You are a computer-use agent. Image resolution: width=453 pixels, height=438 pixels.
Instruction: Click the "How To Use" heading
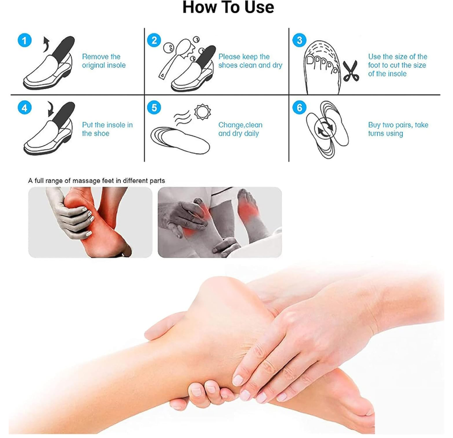pyautogui.click(x=228, y=7)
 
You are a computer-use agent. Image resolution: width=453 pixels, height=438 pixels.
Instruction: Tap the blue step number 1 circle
pyautogui.click(x=24, y=40)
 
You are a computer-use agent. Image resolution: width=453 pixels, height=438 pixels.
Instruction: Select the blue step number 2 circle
pyautogui.click(x=154, y=40)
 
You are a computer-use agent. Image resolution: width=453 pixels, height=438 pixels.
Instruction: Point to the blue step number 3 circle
pyautogui.click(x=300, y=40)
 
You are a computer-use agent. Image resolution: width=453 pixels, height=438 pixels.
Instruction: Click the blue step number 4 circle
pyautogui.click(x=24, y=108)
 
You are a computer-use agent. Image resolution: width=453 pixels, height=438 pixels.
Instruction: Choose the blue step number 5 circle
pyautogui.click(x=154, y=108)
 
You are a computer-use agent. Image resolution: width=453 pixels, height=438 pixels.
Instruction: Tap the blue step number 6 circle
pyautogui.click(x=300, y=108)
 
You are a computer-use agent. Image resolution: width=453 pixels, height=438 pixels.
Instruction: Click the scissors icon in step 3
pyautogui.click(x=351, y=71)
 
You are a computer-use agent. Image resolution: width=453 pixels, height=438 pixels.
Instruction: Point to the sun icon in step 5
pyautogui.click(x=202, y=112)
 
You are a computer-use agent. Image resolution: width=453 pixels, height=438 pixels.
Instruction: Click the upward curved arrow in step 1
pyautogui.click(x=47, y=44)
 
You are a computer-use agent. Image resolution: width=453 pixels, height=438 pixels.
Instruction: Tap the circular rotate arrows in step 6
pyautogui.click(x=325, y=130)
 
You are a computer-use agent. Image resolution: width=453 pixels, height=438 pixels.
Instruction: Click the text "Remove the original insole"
pyautogui.click(x=104, y=61)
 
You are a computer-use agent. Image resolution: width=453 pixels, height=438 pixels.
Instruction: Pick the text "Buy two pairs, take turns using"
pyautogui.click(x=398, y=129)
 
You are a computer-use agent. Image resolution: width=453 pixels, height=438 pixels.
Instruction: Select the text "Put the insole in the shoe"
pyautogui.click(x=107, y=129)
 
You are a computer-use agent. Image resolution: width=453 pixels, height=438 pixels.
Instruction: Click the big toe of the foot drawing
pyautogui.click(x=310, y=61)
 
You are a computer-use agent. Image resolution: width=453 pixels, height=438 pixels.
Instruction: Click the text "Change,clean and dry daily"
pyautogui.click(x=240, y=129)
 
